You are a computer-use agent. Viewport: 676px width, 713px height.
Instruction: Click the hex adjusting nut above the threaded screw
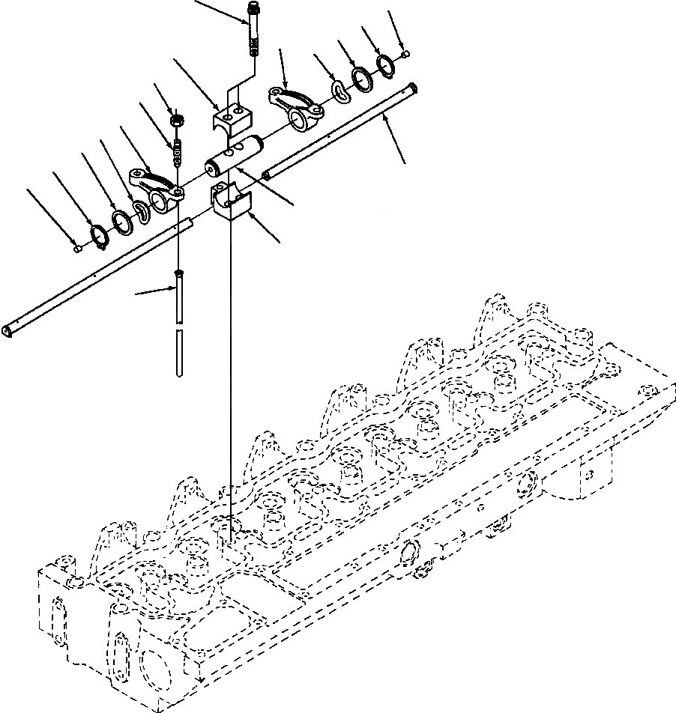(x=178, y=118)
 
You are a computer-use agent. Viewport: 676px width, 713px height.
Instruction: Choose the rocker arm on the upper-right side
(x=297, y=104)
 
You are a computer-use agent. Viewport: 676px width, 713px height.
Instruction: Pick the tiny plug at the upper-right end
(x=405, y=54)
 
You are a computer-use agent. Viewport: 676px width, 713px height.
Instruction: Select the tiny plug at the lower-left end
(x=78, y=249)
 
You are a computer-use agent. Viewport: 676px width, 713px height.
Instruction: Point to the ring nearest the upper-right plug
(x=386, y=66)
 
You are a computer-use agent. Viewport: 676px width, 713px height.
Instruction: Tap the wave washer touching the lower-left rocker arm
(x=140, y=211)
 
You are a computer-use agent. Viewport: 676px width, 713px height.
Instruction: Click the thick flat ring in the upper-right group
(x=361, y=79)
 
